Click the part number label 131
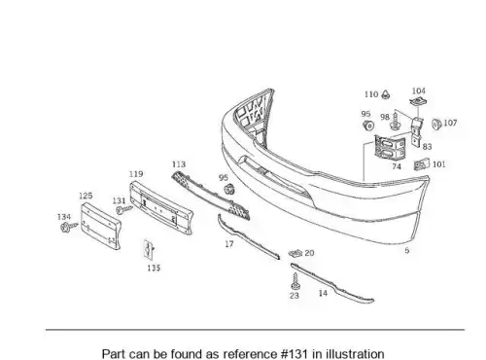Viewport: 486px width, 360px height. click(x=119, y=200)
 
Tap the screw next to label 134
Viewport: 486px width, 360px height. click(x=69, y=227)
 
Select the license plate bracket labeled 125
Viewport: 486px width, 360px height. click(x=101, y=226)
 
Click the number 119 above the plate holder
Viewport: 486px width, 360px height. click(x=136, y=174)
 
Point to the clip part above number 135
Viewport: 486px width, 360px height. click(x=149, y=249)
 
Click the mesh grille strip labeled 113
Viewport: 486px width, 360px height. click(x=211, y=196)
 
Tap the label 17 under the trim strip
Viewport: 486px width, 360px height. click(x=229, y=244)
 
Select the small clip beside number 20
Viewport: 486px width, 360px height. click(x=295, y=253)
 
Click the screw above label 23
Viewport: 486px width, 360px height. click(x=295, y=281)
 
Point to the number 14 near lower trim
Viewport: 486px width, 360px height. click(x=323, y=293)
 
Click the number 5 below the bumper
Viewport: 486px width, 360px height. click(x=407, y=250)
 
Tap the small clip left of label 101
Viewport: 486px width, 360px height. click(x=422, y=164)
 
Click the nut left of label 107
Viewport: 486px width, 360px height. click(x=436, y=124)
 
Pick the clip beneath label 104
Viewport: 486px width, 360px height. click(x=418, y=102)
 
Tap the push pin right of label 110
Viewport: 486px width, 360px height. click(x=385, y=94)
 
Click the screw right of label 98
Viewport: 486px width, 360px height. click(x=395, y=121)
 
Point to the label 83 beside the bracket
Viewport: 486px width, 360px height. click(x=428, y=147)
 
